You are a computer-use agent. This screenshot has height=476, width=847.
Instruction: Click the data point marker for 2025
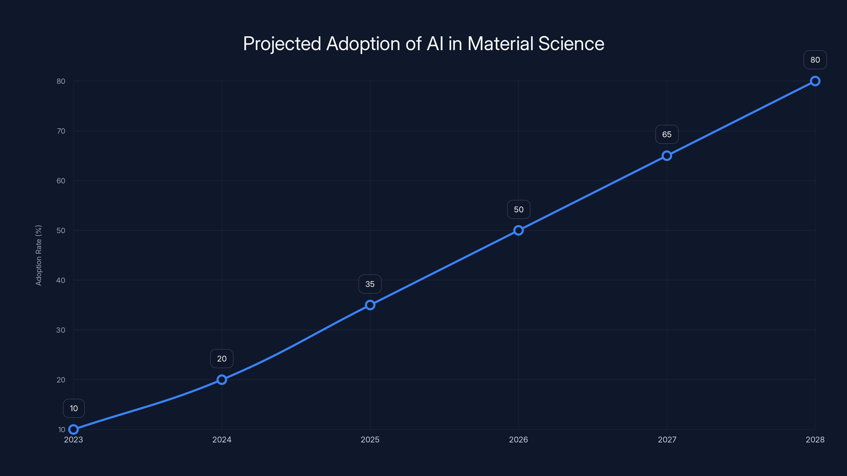pos(370,305)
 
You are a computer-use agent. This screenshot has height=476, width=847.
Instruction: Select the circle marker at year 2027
pos(666,156)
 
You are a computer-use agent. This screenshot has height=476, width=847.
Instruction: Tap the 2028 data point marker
pos(815,81)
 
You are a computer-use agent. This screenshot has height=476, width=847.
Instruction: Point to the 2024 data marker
pos(222,379)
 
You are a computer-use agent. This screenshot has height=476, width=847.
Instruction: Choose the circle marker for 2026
pos(518,230)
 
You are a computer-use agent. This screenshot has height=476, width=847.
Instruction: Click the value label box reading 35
pos(370,284)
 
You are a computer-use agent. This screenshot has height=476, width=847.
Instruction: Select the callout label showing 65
pos(666,134)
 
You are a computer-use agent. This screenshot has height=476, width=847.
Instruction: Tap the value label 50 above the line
pos(519,209)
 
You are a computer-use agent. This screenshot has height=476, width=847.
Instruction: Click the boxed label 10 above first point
pos(74,408)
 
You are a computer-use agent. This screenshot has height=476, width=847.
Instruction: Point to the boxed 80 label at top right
pos(815,60)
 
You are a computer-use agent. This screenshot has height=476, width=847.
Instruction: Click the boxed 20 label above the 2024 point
pos(222,358)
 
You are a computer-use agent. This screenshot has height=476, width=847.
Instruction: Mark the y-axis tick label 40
pos(61,280)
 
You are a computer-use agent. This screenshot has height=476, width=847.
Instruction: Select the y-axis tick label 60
pos(61,181)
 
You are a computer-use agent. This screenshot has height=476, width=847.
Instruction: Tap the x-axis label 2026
pos(518,440)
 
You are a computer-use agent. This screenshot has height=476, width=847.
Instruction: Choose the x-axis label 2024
pos(222,440)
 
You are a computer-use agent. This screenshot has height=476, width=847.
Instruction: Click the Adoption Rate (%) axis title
pos(38,255)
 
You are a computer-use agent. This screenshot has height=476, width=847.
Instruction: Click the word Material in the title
pos(500,44)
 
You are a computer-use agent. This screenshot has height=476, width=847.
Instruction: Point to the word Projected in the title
pos(282,44)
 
